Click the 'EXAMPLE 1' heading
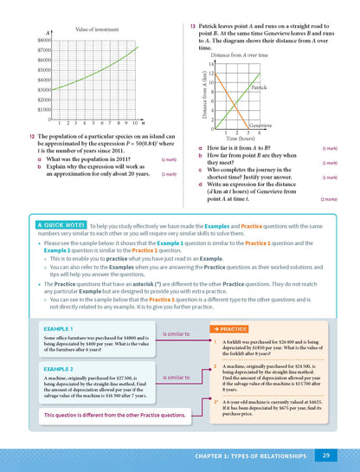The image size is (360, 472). [x=61, y=330]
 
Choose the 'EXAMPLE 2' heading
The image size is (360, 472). [x=61, y=369]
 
